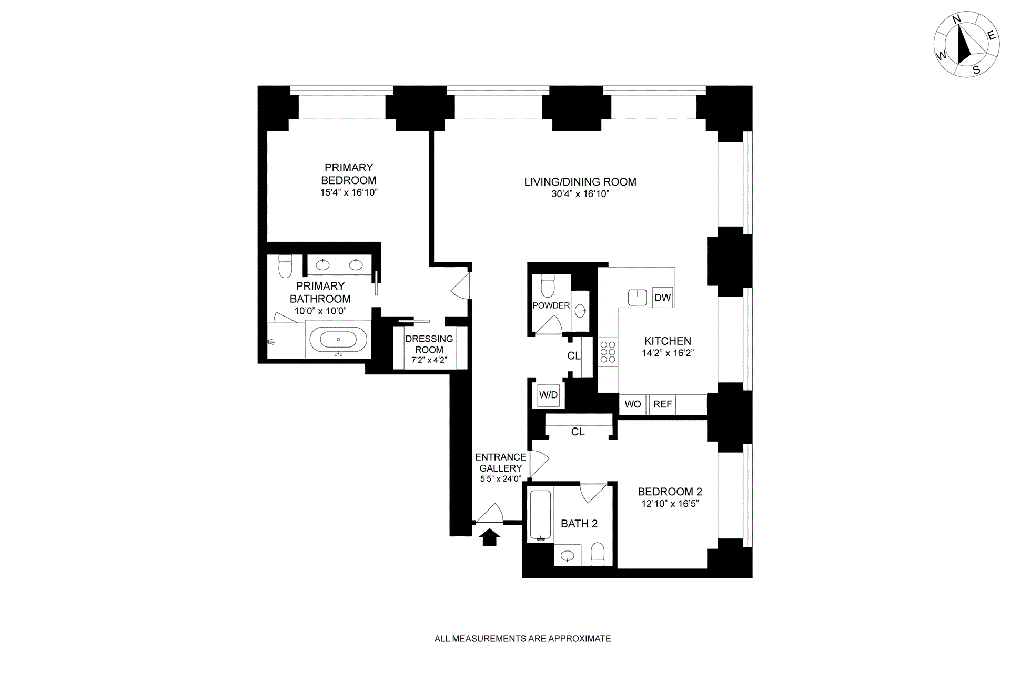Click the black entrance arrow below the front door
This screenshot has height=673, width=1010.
click(x=490, y=537)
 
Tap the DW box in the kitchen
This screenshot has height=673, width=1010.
click(x=663, y=298)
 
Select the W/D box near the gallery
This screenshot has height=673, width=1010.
click(x=548, y=395)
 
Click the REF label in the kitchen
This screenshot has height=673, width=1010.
click(x=662, y=404)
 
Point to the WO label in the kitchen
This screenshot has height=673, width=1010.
click(x=633, y=404)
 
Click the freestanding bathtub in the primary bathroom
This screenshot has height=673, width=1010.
click(x=338, y=340)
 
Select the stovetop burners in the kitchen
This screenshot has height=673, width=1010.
click(x=608, y=352)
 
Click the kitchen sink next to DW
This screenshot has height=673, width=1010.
click(x=638, y=298)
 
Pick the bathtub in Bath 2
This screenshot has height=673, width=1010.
click(x=540, y=515)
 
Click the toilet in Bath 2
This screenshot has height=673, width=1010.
click(x=598, y=555)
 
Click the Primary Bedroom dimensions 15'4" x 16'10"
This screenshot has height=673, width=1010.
click(x=349, y=192)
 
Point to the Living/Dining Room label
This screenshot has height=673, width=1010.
click(x=580, y=182)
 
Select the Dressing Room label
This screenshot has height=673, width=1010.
click(x=429, y=344)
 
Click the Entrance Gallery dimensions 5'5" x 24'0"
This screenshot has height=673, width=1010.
click(x=500, y=479)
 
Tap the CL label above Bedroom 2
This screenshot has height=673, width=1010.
click(x=578, y=432)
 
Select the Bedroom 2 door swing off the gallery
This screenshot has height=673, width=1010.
click(x=539, y=463)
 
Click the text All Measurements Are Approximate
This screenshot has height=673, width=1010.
click(x=522, y=639)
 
